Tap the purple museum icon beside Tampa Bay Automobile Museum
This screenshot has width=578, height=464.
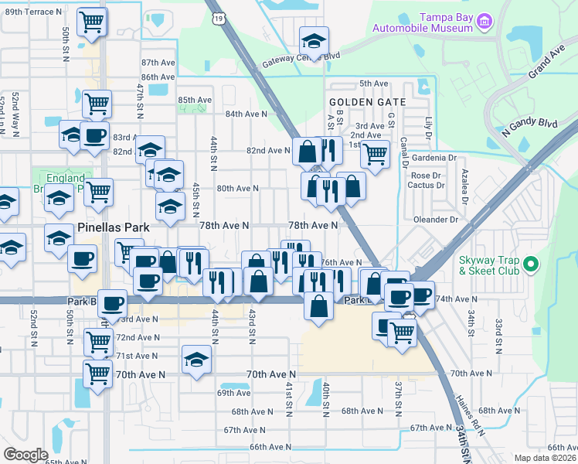[484, 20]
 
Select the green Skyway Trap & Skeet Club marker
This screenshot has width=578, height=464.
[531, 265]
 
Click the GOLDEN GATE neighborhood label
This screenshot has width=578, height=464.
[362, 101]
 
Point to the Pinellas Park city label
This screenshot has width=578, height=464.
[114, 228]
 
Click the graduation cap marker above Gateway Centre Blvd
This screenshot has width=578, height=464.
[314, 40]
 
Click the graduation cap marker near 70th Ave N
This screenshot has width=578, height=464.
[196, 360]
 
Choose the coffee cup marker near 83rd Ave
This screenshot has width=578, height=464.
[95, 136]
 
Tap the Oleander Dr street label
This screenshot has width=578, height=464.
[437, 220]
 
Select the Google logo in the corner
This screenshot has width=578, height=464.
[26, 455]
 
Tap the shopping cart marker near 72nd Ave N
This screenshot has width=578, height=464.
[98, 339]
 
